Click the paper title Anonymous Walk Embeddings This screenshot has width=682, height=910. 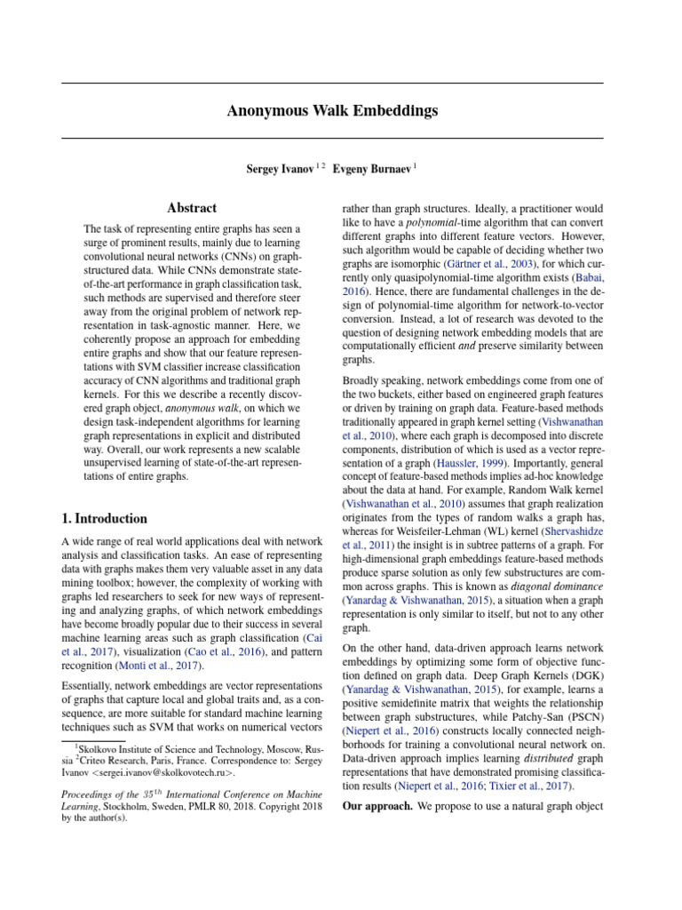point(332,111)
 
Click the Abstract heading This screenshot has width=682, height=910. point(192,208)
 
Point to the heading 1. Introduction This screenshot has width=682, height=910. point(104,518)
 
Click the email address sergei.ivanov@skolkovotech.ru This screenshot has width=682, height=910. point(163,773)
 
